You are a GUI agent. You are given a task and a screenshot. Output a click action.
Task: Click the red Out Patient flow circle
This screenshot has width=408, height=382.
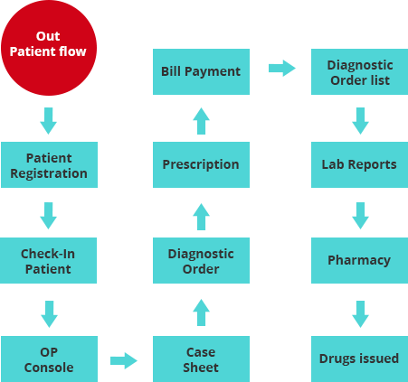pyautogui.click(x=49, y=48)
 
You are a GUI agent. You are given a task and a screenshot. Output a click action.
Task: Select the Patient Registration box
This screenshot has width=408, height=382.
pyautogui.click(x=49, y=164)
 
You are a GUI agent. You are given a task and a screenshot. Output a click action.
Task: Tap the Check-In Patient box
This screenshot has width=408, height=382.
pyautogui.click(x=48, y=260)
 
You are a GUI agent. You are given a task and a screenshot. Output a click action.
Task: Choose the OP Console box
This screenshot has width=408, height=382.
pyautogui.click(x=49, y=359)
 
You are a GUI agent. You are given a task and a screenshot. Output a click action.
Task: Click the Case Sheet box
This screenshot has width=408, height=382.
pyautogui.click(x=201, y=359)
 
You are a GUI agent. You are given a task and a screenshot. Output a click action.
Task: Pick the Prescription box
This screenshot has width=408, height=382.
pyautogui.click(x=201, y=164)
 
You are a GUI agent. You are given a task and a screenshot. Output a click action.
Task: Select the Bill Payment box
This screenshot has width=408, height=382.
pyautogui.click(x=201, y=71)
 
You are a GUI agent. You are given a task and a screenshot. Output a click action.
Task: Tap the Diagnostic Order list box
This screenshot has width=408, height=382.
pyautogui.click(x=359, y=71)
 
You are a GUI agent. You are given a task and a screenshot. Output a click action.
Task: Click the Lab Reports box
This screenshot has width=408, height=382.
pyautogui.click(x=359, y=164)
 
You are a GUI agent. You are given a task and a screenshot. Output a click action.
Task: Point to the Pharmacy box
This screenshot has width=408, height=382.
pyautogui.click(x=359, y=260)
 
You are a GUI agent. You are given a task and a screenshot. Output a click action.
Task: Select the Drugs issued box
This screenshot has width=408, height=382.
pyautogui.click(x=359, y=359)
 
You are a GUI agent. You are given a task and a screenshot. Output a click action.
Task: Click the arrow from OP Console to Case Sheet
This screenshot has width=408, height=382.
pyautogui.click(x=124, y=360)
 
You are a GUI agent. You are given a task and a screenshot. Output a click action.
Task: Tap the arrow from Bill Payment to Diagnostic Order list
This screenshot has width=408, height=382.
pyautogui.click(x=282, y=68)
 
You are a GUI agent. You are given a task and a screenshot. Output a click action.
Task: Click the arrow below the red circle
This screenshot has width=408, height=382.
pyautogui.click(x=48, y=121)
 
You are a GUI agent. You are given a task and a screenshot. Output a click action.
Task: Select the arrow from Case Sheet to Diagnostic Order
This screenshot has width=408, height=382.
pyautogui.click(x=201, y=312)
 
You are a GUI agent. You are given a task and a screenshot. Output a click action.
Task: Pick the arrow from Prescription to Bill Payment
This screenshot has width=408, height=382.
pyautogui.click(x=201, y=121)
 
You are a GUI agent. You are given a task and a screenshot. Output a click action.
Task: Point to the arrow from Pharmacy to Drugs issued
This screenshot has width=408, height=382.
pyautogui.click(x=360, y=314)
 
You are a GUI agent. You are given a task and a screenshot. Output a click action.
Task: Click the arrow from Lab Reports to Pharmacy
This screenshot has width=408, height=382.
pyautogui.click(x=360, y=216)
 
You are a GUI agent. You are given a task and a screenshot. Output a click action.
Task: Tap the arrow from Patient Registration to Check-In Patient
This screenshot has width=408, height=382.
pyautogui.click(x=48, y=216)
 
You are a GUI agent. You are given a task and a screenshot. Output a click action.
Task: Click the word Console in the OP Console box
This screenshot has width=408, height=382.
pyautogui.click(x=49, y=368)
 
